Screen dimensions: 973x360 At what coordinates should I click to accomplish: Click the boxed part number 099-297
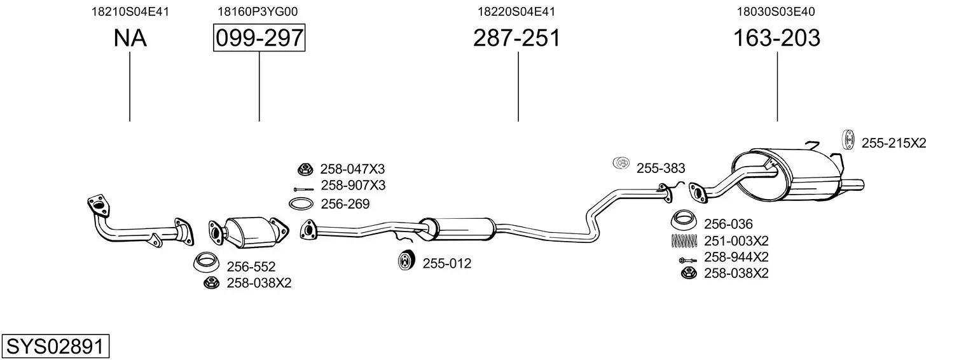(259, 38)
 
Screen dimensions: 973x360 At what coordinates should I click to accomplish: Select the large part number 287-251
(517, 38)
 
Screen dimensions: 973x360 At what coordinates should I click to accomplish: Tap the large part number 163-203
(776, 38)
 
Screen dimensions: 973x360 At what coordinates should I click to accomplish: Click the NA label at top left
(130, 38)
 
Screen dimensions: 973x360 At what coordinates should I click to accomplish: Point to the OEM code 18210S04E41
(130, 11)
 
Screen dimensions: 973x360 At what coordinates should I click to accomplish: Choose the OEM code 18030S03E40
(776, 11)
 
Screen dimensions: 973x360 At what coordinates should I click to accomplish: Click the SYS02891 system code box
(55, 347)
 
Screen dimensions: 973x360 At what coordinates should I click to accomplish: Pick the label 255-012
(447, 263)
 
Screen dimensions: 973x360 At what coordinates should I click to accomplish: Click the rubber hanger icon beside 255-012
(406, 261)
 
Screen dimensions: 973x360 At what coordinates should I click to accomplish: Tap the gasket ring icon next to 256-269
(301, 204)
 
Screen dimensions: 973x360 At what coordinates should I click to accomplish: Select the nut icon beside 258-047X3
(305, 169)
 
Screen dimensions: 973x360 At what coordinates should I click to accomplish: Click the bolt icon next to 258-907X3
(303, 190)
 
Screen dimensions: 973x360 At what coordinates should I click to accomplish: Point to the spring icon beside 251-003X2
(684, 240)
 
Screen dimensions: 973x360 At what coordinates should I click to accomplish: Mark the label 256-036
(728, 224)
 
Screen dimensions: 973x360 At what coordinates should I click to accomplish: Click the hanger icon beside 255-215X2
(848, 140)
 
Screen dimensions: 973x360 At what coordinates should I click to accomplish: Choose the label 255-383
(661, 169)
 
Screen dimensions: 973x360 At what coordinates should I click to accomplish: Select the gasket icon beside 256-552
(206, 262)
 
